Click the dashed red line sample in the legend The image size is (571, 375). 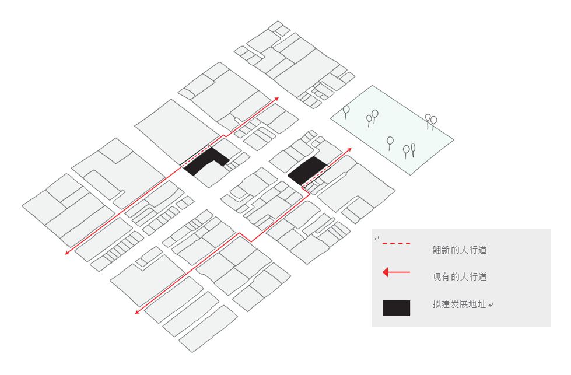396,243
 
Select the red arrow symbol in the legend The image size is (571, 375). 396,272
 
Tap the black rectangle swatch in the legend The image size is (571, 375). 396,308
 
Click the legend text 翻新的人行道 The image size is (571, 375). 460,250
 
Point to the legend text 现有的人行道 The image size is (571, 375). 460,276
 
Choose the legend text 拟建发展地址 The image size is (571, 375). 460,304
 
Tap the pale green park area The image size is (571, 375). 392,130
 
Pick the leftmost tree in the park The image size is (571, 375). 346,111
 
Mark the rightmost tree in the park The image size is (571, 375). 433,122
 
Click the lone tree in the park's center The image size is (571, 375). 390,143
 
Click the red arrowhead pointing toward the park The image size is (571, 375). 349,150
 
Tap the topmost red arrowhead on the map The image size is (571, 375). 276,99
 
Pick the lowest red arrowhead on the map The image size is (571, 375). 138,311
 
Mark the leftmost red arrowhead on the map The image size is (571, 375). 68,252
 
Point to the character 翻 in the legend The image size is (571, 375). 437,250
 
